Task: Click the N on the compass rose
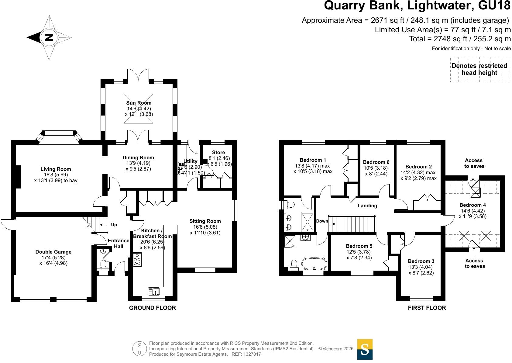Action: coord(49,37)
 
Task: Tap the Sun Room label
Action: coord(139,103)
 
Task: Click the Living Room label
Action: coord(56,169)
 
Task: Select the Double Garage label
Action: coord(53,252)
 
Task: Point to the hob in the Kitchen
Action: coord(137,260)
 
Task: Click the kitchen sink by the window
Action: coord(154,291)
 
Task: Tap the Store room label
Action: coord(218,152)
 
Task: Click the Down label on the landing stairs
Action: coord(322,221)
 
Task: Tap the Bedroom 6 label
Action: coord(376,162)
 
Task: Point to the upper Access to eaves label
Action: coord(474,163)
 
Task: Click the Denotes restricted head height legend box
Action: coord(479,69)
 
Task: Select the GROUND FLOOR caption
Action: coord(153,308)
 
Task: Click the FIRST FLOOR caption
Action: coord(427,308)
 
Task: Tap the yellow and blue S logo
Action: coord(365,349)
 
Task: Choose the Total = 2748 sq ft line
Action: coord(460,39)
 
